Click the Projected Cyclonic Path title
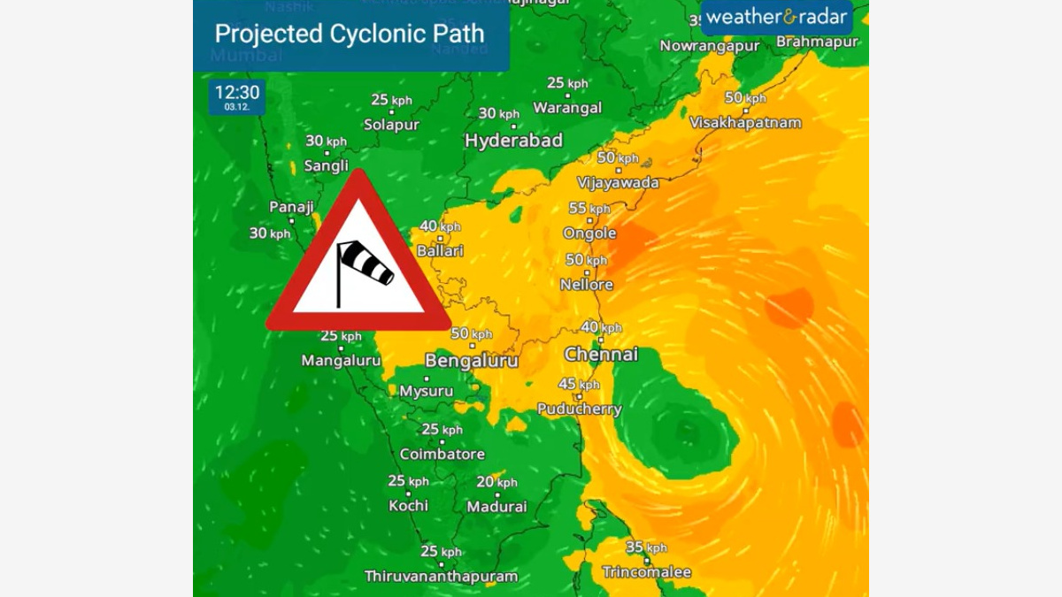350,34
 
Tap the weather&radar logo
776,17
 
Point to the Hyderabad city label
513,142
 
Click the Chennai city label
601,355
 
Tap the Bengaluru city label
472,361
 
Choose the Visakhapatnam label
745,123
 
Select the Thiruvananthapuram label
441,576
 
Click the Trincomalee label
646,572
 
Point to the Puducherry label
580,409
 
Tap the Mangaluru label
341,361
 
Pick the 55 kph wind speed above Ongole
589,209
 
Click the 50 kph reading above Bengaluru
471,334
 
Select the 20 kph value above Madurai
496,482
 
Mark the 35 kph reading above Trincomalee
646,547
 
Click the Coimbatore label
442,455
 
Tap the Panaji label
292,207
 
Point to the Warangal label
567,108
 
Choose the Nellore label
587,285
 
